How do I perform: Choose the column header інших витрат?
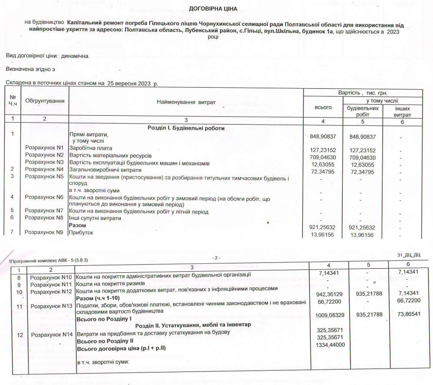click(403, 111)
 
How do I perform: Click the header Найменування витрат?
click(186, 102)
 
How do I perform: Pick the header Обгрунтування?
click(45, 101)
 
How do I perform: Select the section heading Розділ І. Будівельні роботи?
click(186, 128)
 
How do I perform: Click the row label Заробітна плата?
click(90, 149)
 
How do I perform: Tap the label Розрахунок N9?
click(45, 232)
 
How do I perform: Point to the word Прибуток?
click(81, 232)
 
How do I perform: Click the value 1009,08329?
click(331, 315)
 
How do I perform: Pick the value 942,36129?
click(331, 294)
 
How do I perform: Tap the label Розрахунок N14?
click(52, 334)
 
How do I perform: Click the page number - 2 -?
click(216, 258)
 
